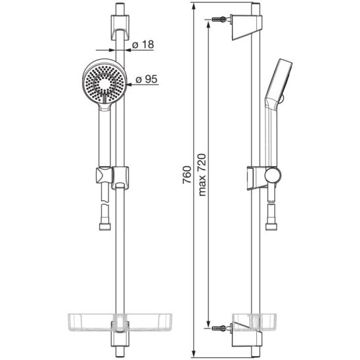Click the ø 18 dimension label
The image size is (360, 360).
click(x=143, y=45)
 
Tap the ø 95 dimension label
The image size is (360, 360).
click(x=146, y=79)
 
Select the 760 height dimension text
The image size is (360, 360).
click(x=187, y=175)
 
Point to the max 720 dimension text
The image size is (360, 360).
click(x=202, y=175)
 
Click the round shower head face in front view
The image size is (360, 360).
click(x=104, y=84)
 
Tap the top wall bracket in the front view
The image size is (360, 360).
click(x=120, y=28)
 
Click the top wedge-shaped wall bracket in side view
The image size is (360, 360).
click(x=247, y=28)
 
